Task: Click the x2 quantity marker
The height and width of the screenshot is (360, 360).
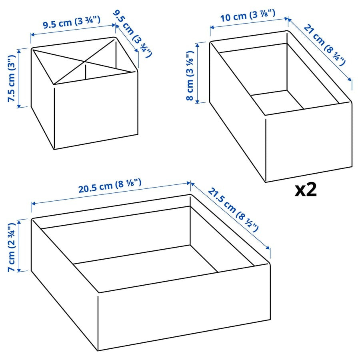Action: pos(306,190)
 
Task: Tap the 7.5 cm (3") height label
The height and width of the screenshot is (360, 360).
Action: pos(12,78)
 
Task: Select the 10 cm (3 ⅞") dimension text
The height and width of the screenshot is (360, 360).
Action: pos(248,16)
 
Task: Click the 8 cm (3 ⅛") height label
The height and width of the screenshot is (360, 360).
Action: pos(190,75)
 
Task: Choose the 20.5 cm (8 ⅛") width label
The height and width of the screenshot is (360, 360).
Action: pos(110,186)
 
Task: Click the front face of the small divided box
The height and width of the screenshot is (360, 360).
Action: pos(96,110)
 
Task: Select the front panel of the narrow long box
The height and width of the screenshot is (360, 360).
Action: pos(308,142)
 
